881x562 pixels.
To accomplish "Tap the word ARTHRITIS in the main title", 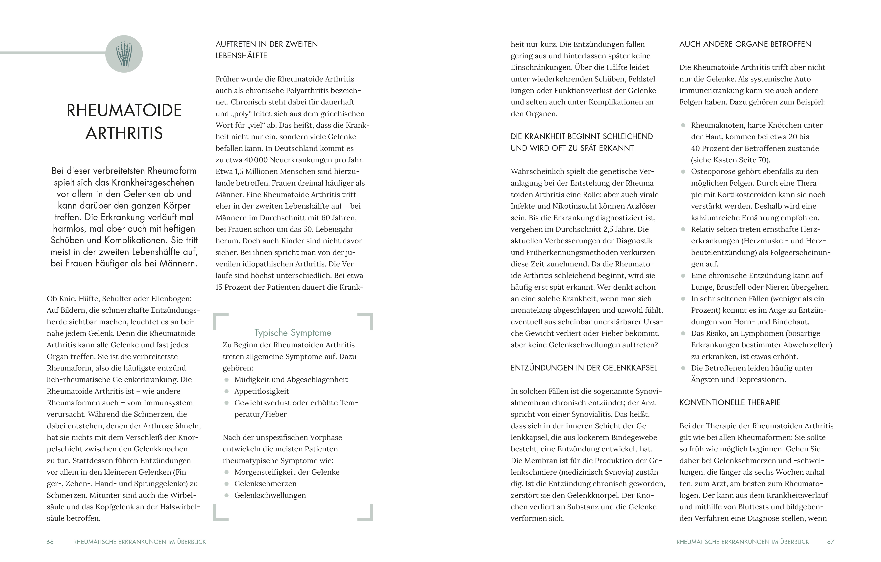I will pyautogui.click(x=124, y=133).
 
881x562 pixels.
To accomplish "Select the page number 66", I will pyautogui.click(x=50, y=542).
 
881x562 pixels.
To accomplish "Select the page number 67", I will pyautogui.click(x=830, y=542).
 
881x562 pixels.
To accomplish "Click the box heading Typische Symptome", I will pyautogui.click(x=293, y=333).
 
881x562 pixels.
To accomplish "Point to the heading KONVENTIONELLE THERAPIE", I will pyautogui.click(x=730, y=403).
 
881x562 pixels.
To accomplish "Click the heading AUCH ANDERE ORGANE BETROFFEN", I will pyautogui.click(x=745, y=44).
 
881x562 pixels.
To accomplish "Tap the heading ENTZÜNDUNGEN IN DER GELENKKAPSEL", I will pyautogui.click(x=584, y=368).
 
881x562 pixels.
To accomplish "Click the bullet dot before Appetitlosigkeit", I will pyautogui.click(x=227, y=392).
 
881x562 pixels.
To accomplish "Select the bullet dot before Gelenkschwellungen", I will pyautogui.click(x=227, y=495).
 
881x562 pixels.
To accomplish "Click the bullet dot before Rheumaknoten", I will pyautogui.click(x=683, y=125).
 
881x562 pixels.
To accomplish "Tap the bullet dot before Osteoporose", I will pyautogui.click(x=683, y=171).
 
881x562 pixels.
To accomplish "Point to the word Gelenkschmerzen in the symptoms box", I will pyautogui.click(x=265, y=484).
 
